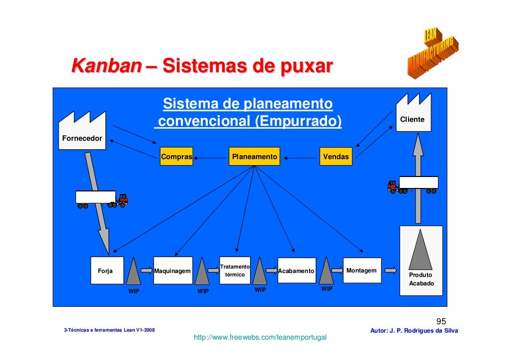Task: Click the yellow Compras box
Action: [176, 157]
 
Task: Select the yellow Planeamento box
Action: [254, 157]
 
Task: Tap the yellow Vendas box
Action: [336, 157]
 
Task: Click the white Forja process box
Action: [105, 271]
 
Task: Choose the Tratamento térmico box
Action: [235, 270]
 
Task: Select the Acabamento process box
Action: [296, 270]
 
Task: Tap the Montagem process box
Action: [362, 270]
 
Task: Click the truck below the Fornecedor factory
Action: [101, 198]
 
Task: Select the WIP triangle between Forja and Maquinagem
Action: [134, 271]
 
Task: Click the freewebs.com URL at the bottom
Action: [260, 338]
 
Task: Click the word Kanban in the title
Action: [105, 66]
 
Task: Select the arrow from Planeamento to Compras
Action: [211, 158]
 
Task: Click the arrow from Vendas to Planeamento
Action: [300, 158]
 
